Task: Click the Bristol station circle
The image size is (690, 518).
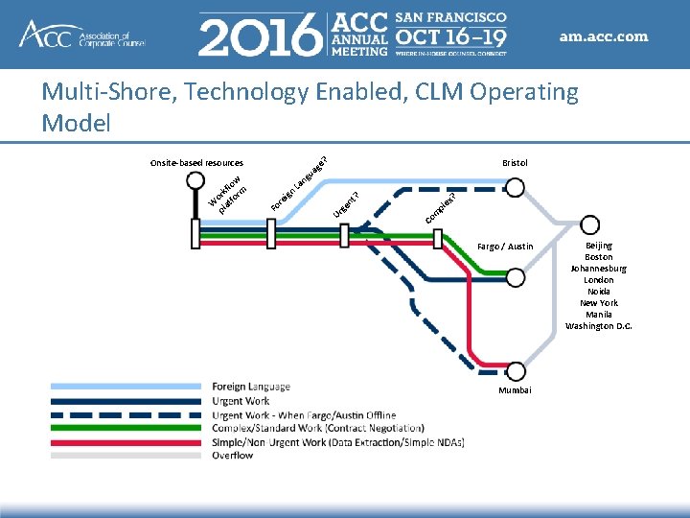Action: [515, 188]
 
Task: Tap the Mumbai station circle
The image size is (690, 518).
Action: [516, 372]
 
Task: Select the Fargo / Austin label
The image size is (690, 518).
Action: [505, 247]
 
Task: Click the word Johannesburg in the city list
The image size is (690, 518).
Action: [598, 269]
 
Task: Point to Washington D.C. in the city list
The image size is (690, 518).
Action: [598, 326]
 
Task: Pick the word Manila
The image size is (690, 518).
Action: [598, 315]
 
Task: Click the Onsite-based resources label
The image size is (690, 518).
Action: [196, 163]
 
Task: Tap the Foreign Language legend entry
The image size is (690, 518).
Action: [250, 387]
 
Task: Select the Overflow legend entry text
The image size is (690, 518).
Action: [232, 456]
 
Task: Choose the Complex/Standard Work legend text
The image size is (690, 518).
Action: [317, 428]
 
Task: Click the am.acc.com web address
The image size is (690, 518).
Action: [604, 37]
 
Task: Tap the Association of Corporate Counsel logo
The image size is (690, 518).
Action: [81, 35]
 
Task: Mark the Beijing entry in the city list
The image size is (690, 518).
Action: [598, 246]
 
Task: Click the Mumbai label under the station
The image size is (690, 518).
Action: [515, 390]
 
